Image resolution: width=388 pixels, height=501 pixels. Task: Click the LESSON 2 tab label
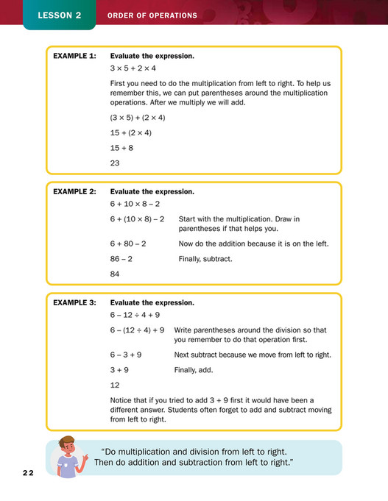[59, 15]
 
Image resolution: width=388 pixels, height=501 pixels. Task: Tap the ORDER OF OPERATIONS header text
[152, 15]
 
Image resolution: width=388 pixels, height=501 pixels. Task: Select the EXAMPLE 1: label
[75, 56]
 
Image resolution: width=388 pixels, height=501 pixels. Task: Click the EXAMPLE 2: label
[75, 191]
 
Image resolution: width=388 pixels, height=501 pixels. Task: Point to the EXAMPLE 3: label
[75, 302]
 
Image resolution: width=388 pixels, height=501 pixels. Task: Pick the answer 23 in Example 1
[116, 164]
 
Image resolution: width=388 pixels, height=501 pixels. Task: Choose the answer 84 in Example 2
[116, 274]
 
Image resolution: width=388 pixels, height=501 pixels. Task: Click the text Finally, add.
[194, 370]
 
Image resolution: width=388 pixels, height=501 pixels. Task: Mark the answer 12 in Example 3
[115, 385]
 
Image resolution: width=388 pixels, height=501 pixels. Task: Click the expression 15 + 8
[122, 148]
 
